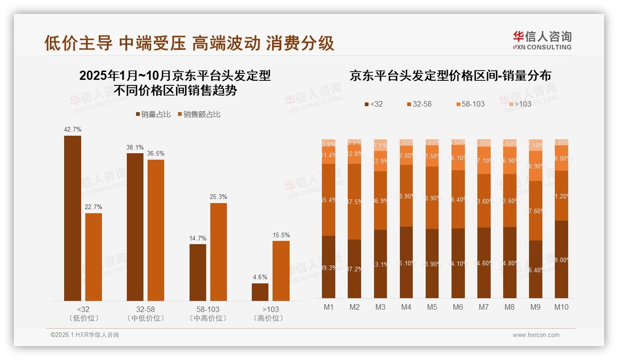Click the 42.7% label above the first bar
coord(72,130)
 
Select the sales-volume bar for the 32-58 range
coord(135,227)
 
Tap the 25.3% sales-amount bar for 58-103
coord(219,252)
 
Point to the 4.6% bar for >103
coord(260,292)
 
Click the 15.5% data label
coord(281,235)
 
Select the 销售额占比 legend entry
coord(199,114)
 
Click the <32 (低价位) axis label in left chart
coord(83,313)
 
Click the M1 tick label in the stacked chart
coord(328,307)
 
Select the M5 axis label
coord(432,307)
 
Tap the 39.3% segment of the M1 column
coord(328,267)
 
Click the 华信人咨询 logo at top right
coord(542,40)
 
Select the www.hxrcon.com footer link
coord(535,335)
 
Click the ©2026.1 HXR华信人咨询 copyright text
coord(85,335)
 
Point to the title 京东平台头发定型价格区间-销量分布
coord(450,76)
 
